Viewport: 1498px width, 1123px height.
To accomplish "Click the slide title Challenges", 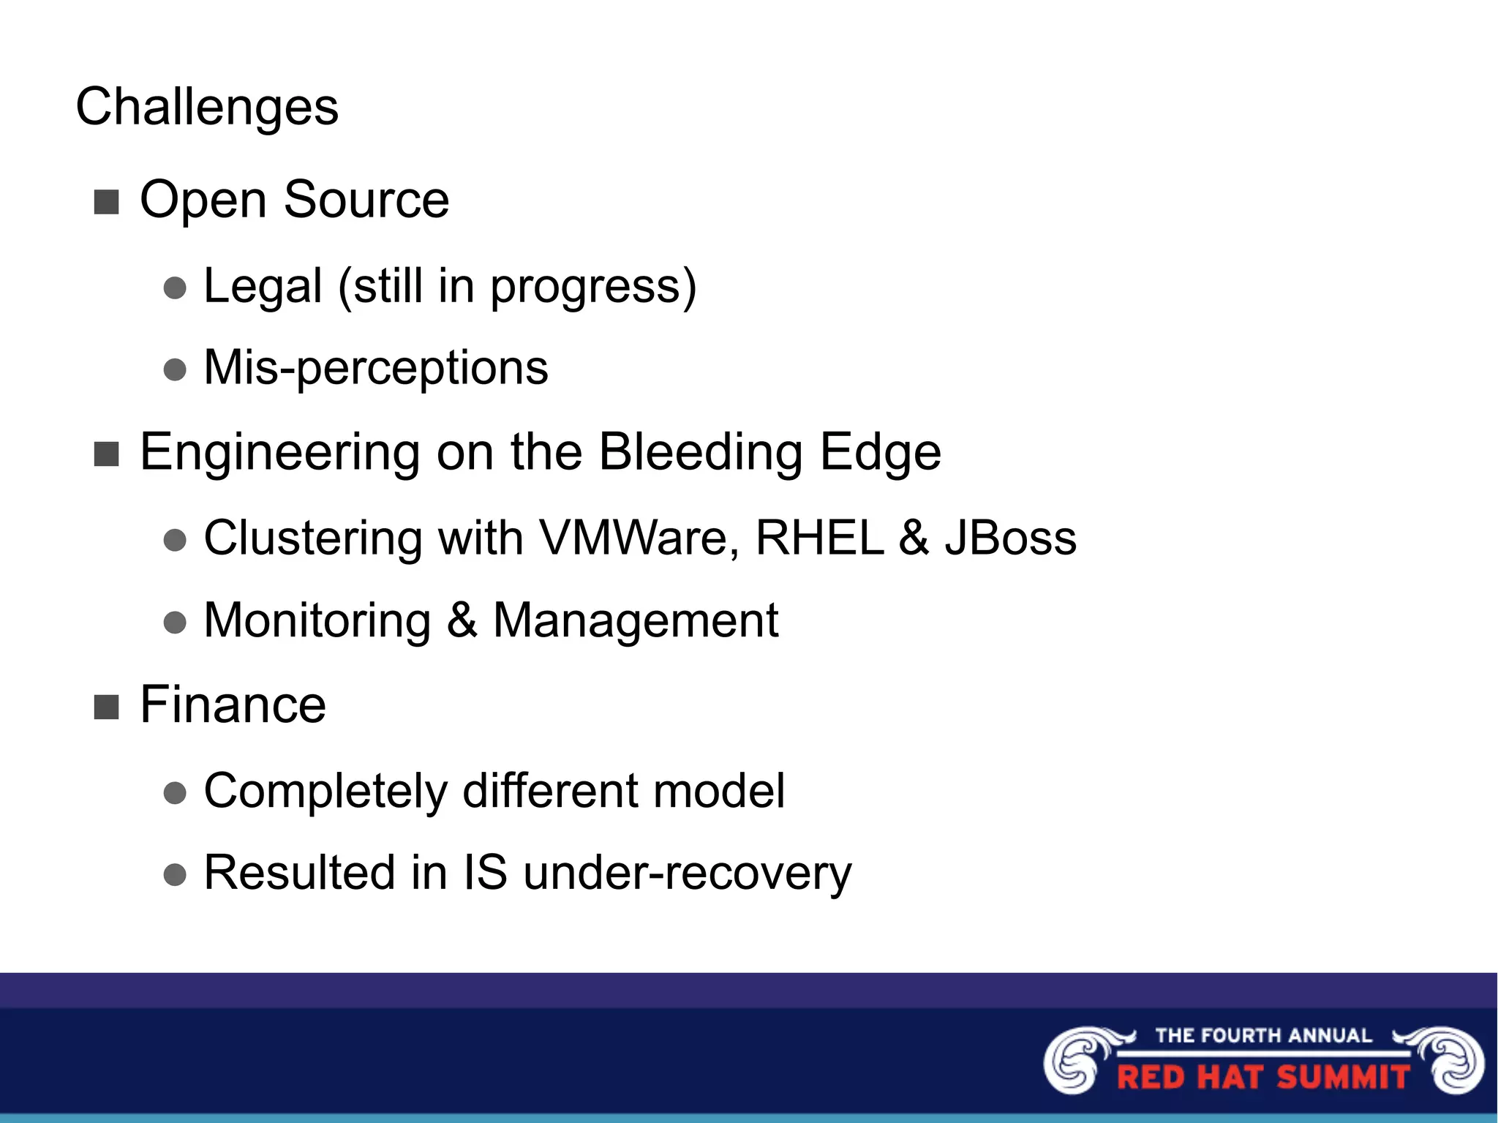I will [207, 107].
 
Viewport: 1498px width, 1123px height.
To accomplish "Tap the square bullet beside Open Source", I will [107, 202].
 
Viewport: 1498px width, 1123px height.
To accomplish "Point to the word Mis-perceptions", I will [375, 367].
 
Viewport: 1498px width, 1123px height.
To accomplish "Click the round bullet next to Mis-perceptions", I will [175, 369].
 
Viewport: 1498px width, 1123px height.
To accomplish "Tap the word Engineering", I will [279, 452].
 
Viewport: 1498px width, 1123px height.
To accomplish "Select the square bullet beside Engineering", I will [107, 454].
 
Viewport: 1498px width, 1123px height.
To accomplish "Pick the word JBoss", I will [1010, 538].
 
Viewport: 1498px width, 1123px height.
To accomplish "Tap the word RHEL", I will [819, 538].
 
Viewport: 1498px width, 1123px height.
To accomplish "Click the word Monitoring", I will [317, 620].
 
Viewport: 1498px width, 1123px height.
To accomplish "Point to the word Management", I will [636, 622].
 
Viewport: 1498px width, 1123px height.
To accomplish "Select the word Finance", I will [233, 705].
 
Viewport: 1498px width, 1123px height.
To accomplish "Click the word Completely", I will [325, 792].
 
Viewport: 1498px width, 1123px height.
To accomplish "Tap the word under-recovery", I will [688, 873].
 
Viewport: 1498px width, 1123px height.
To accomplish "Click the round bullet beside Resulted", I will [175, 874].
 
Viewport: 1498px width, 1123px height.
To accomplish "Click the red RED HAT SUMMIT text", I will [1263, 1078].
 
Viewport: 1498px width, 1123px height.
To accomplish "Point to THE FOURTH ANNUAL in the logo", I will [1263, 1035].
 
